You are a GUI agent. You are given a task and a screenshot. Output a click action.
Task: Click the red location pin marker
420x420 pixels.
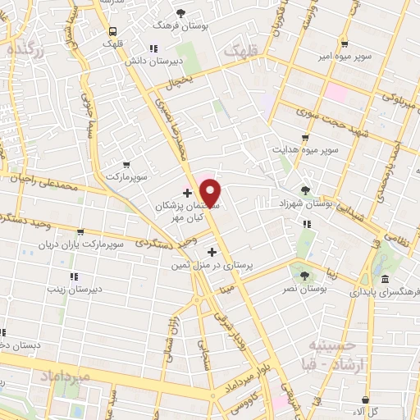(x=212, y=191)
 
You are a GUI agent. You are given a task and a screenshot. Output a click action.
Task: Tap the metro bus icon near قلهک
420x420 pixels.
(x=111, y=31)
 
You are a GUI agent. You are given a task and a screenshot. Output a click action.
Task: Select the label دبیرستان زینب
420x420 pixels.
(x=66, y=289)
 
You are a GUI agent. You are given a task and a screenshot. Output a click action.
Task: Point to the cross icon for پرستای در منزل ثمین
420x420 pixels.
(x=212, y=252)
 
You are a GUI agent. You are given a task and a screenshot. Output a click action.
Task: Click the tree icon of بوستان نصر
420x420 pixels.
(x=305, y=276)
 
